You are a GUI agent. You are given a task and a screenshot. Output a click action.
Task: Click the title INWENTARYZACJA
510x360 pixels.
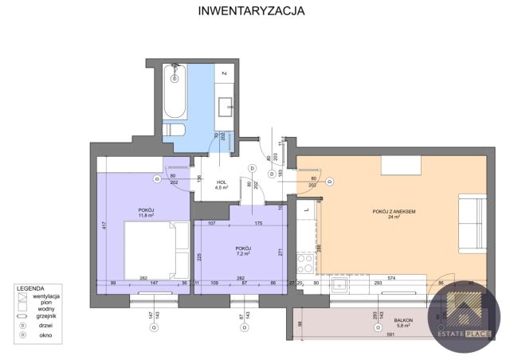point(250,11)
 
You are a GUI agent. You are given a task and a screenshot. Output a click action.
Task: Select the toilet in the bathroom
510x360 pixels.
point(174,131)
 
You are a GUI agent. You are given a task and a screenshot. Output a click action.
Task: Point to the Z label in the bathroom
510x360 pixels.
point(226,73)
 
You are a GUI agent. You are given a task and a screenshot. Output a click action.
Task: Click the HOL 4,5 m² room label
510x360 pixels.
point(222,186)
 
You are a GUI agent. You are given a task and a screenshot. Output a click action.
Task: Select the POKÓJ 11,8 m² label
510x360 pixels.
point(146,212)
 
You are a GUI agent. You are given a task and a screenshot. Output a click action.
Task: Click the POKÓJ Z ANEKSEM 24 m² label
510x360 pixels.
point(394,213)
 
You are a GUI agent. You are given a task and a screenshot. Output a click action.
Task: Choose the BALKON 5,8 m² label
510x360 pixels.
point(403,323)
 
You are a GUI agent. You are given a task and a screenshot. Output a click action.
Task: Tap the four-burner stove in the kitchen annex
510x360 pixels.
point(304,267)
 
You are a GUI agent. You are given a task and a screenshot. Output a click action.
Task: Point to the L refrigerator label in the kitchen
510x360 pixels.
point(307,209)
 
